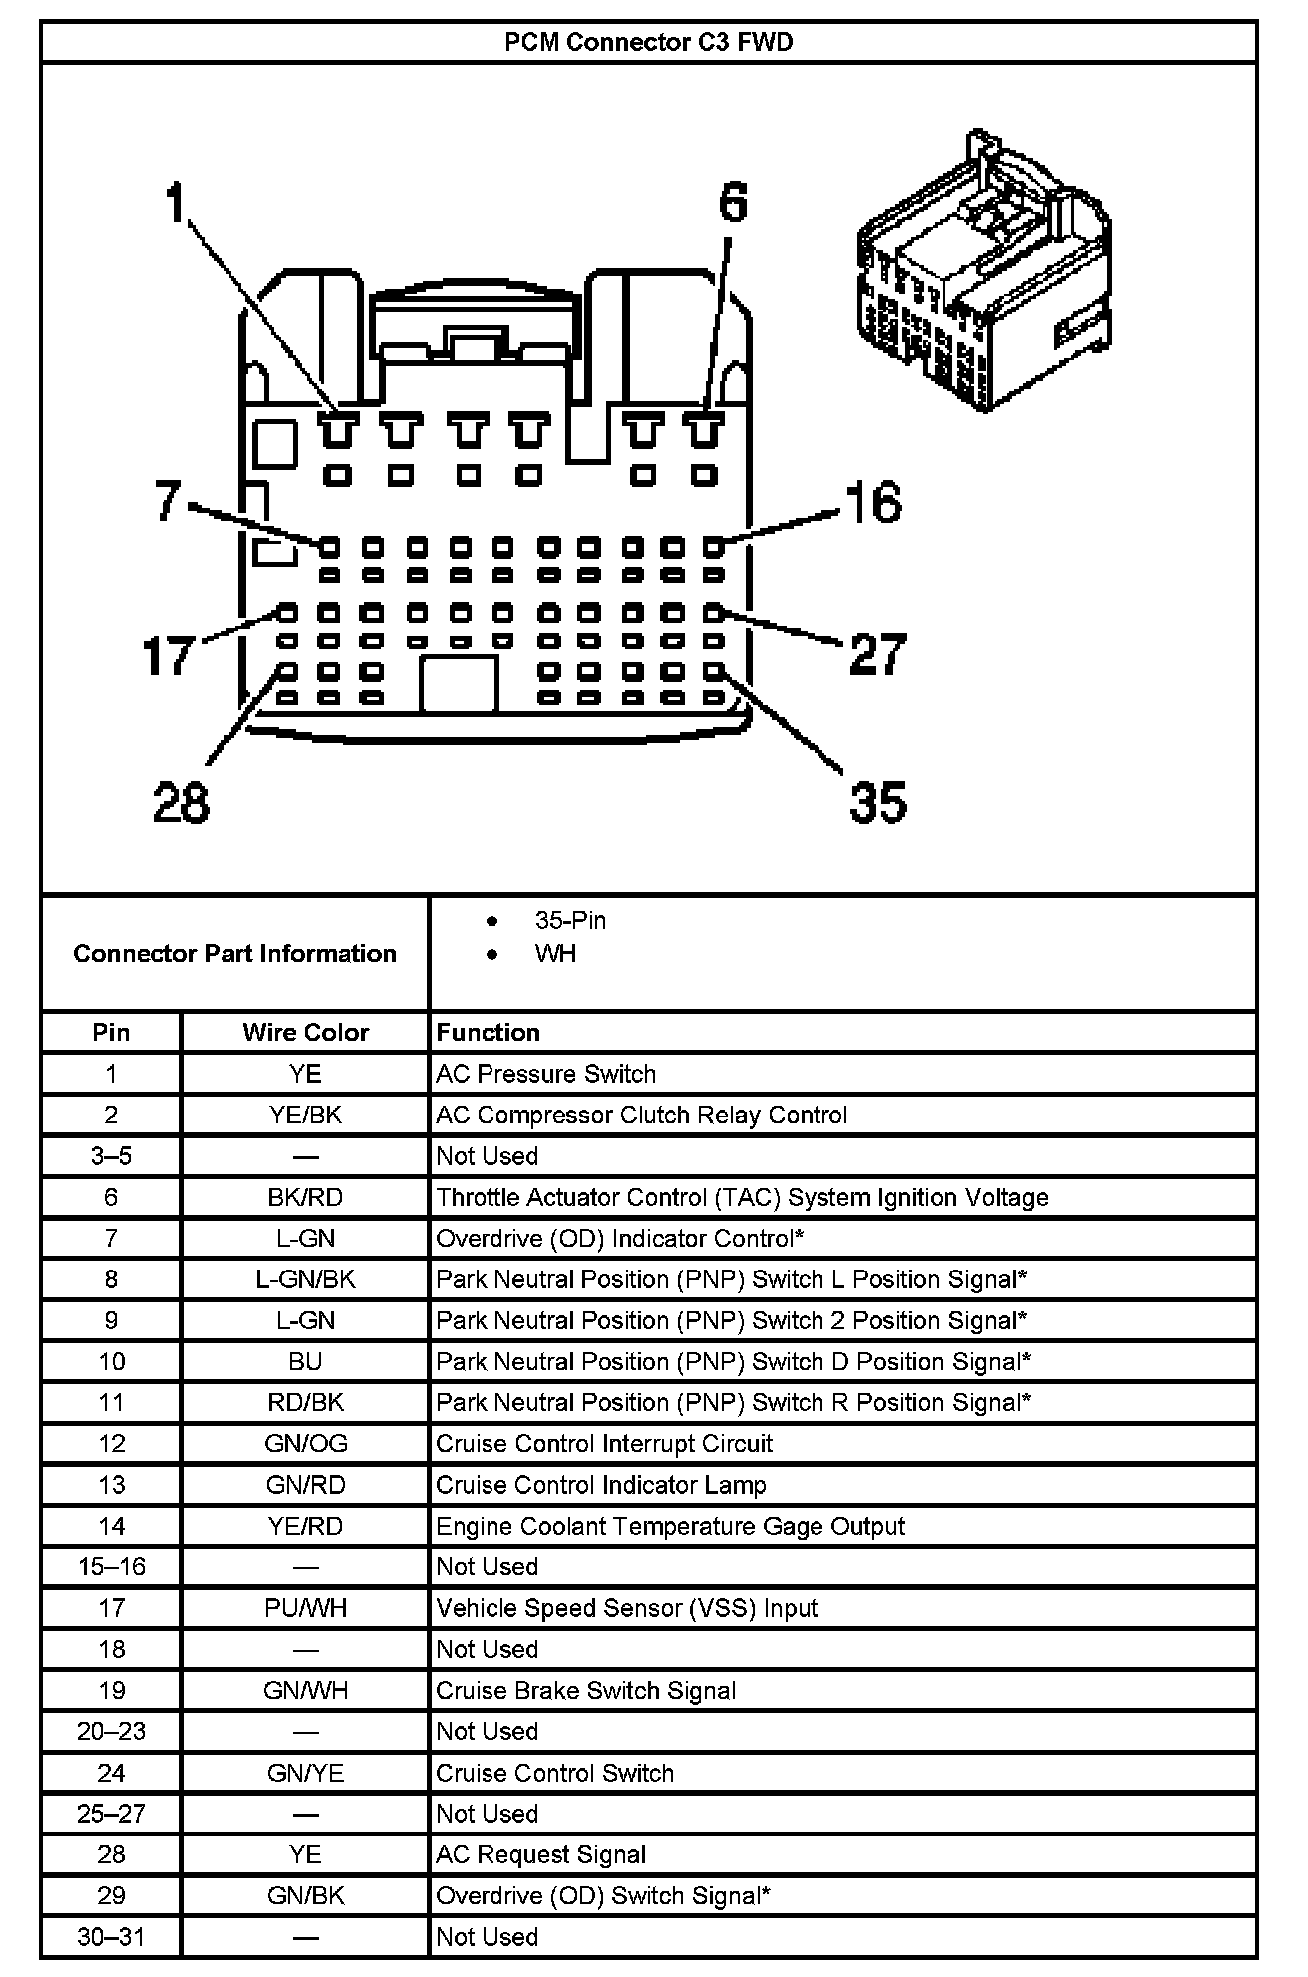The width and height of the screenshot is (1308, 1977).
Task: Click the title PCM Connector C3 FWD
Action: coord(648,43)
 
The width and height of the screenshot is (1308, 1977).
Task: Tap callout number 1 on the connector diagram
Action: coord(175,204)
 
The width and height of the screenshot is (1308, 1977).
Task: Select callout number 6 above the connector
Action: coord(733,204)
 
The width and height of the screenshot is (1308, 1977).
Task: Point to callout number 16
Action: coord(874,503)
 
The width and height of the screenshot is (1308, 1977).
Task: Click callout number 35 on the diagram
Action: coord(878,802)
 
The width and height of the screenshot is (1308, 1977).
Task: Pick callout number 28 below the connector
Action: coord(181,802)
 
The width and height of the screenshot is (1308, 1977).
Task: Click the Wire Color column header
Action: coord(305,1033)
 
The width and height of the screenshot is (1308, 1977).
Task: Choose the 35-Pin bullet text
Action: coord(569,921)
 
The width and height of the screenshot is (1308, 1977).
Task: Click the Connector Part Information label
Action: coord(234,954)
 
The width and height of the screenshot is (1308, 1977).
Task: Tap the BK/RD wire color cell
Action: coord(305,1197)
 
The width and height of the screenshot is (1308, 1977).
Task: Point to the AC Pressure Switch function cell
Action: coord(546,1074)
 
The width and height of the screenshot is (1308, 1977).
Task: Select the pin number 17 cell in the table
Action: coord(111,1608)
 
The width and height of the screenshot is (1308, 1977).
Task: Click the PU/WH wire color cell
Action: coord(305,1608)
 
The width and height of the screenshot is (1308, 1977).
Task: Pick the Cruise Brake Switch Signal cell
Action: coord(586,1690)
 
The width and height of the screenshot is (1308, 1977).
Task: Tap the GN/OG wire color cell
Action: coord(305,1444)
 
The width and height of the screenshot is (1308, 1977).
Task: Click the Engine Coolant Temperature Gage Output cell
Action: coord(670,1526)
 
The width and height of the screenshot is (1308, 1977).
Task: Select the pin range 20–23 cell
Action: coord(111,1731)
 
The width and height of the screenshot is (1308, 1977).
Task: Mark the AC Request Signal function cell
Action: coord(541,1854)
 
